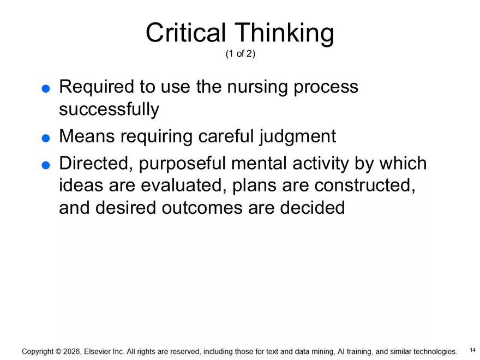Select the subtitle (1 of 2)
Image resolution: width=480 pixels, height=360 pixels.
(x=240, y=55)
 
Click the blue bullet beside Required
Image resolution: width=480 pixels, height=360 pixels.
(x=46, y=88)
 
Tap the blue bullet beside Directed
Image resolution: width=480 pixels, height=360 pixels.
(x=46, y=165)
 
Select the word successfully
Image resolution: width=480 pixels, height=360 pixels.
(x=109, y=110)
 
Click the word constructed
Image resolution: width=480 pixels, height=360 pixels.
(x=362, y=185)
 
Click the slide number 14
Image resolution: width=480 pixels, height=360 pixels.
(x=472, y=349)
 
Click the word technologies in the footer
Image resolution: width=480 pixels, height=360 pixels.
(x=429, y=352)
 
